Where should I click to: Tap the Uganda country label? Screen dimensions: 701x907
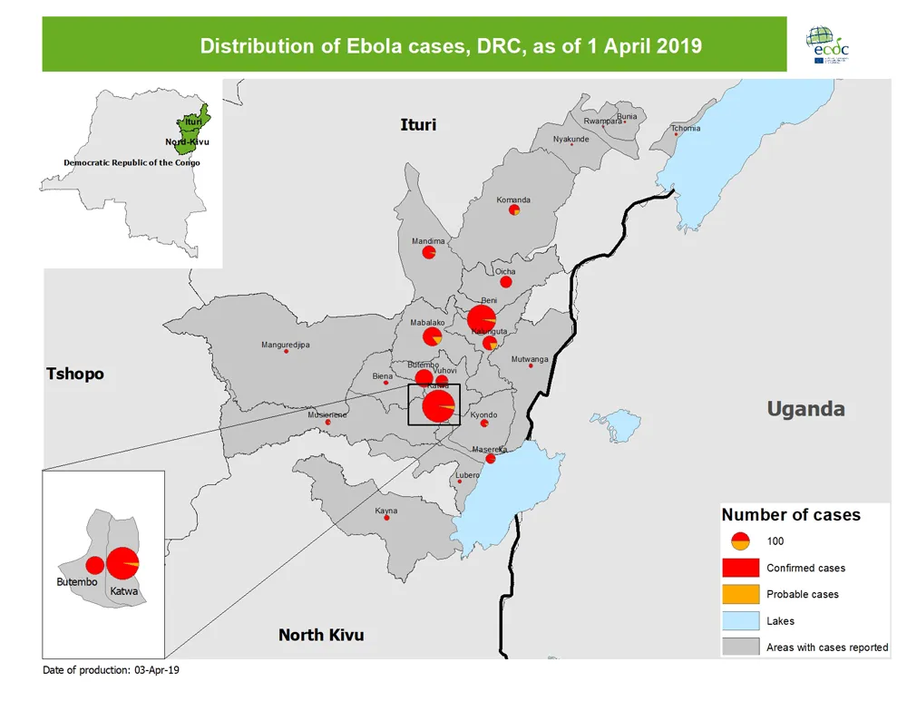[805, 409]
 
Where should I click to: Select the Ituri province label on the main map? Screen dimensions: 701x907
[418, 124]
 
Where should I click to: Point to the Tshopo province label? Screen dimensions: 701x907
[75, 374]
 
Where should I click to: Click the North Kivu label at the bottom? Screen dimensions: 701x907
[321, 635]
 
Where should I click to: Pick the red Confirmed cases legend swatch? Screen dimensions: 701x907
[740, 569]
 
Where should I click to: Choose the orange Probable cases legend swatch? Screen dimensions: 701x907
[740, 595]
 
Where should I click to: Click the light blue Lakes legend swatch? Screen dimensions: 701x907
[740, 621]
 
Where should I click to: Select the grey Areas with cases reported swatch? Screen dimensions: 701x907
[740, 647]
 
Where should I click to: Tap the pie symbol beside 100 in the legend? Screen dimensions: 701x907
[740, 541]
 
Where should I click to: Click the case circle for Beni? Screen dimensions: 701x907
[482, 319]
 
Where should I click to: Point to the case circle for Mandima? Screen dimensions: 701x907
[429, 253]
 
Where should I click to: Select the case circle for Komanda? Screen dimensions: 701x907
[514, 210]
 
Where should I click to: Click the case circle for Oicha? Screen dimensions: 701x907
[506, 282]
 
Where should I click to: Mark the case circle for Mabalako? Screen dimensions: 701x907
[432, 337]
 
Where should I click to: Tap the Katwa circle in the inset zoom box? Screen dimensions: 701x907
[122, 563]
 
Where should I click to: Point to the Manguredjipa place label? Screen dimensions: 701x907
[286, 345]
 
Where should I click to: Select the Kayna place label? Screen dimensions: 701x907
[386, 511]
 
